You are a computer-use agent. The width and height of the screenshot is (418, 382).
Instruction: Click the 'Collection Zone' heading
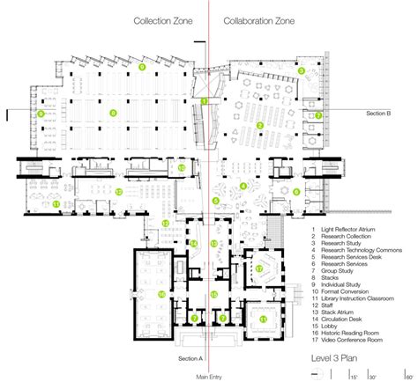pos(164,20)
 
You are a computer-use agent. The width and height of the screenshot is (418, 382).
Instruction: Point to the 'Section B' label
pos(384,114)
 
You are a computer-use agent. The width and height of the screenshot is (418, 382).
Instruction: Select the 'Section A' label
pos(190,359)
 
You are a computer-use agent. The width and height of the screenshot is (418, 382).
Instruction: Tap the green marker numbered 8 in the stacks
pos(112,114)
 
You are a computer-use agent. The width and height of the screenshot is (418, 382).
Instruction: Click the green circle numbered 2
pos(259,125)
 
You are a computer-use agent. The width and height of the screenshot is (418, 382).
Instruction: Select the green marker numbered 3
pos(301,70)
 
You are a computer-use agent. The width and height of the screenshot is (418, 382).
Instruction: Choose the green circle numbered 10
pos(181,167)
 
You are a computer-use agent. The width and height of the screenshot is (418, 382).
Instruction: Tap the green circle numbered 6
pos(214,200)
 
